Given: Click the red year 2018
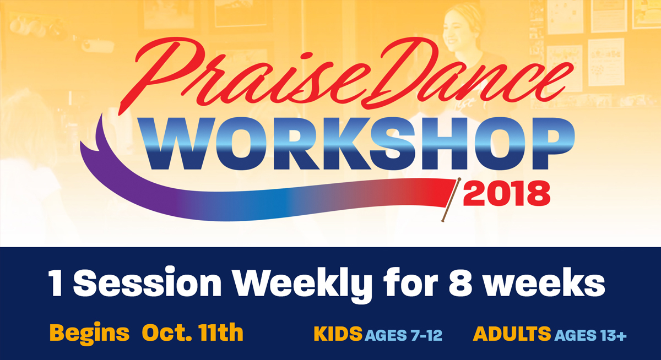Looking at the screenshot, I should tap(507, 194).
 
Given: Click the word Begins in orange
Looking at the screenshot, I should tap(89, 333).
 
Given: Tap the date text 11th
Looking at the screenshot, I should tap(220, 332).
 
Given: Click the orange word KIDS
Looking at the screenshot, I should tap(338, 334).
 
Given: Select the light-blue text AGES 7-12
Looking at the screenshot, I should tap(403, 335).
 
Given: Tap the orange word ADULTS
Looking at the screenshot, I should tap(511, 334).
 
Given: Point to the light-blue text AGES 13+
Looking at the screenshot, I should tap(590, 335).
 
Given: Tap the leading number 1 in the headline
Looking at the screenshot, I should tap(56, 284).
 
